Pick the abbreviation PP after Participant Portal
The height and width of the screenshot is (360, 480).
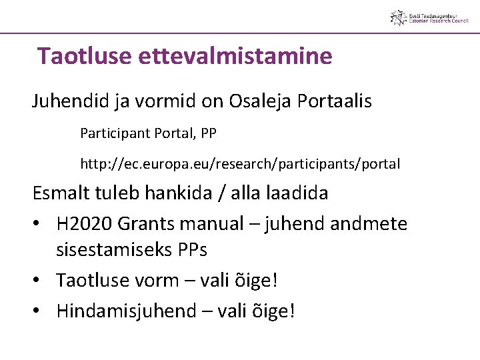(207, 133)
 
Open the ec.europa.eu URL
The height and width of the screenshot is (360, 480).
(240, 164)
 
